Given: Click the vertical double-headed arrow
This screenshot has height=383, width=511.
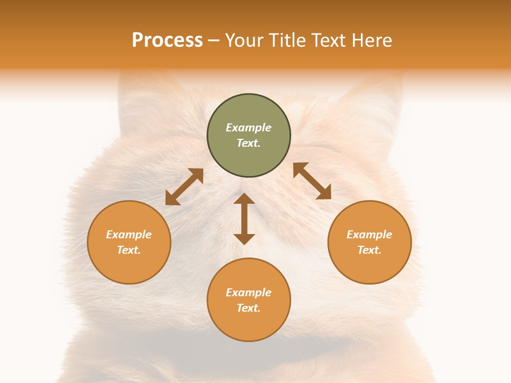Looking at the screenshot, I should tap(244, 219).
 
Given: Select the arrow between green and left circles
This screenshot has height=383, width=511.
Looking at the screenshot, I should tap(184, 187).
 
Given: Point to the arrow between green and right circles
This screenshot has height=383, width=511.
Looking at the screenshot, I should tap(312, 181).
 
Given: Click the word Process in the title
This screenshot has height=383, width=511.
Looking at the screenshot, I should tap(167, 40).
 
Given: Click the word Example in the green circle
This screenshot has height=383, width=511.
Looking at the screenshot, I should tap(249, 128).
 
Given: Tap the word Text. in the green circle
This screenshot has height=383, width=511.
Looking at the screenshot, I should tap(249, 143).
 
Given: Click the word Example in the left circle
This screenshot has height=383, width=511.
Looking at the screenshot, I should tap(129, 235).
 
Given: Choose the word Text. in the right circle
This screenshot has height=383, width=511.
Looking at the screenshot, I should tap(369, 250).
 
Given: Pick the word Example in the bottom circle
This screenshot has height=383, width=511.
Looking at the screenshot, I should tap(249, 293).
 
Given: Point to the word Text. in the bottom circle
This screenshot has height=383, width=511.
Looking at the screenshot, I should tap(249, 308).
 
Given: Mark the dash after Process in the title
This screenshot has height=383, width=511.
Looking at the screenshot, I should tap(214, 40).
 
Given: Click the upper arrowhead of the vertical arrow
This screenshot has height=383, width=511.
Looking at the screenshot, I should tap(244, 199).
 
